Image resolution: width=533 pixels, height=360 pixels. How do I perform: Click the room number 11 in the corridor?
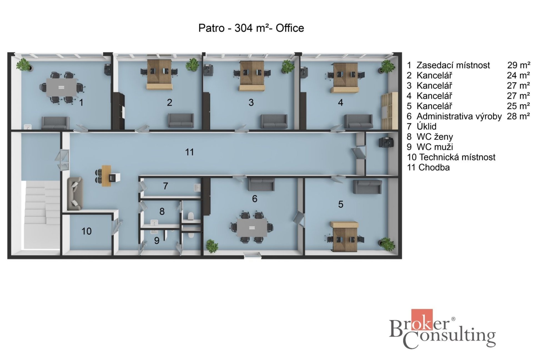(x=189, y=152)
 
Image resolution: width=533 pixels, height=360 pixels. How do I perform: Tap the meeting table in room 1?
(x=61, y=87)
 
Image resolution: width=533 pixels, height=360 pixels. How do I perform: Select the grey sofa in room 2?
(x=181, y=120)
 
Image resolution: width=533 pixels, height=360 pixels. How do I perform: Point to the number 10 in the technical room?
(x=86, y=231)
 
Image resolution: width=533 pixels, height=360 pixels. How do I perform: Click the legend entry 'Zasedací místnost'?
(x=453, y=65)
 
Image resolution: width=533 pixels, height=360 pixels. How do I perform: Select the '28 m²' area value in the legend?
(x=518, y=116)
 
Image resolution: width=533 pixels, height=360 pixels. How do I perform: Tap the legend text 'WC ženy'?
(x=435, y=137)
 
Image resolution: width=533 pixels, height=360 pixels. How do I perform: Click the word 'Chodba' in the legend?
(x=434, y=167)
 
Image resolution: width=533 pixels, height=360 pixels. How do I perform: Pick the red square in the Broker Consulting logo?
(x=422, y=320)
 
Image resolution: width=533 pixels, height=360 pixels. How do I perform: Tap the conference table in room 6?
(x=252, y=227)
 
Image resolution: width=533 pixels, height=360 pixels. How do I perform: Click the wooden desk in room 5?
(x=345, y=237)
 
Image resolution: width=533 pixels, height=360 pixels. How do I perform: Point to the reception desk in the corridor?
(x=106, y=176)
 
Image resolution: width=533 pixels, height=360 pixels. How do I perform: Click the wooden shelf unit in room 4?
(x=389, y=111)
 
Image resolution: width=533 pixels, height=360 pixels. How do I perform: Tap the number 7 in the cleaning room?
(x=165, y=186)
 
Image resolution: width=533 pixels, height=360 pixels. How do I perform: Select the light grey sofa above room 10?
(x=75, y=194)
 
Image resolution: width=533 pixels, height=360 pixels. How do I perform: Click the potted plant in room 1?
(x=24, y=65)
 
